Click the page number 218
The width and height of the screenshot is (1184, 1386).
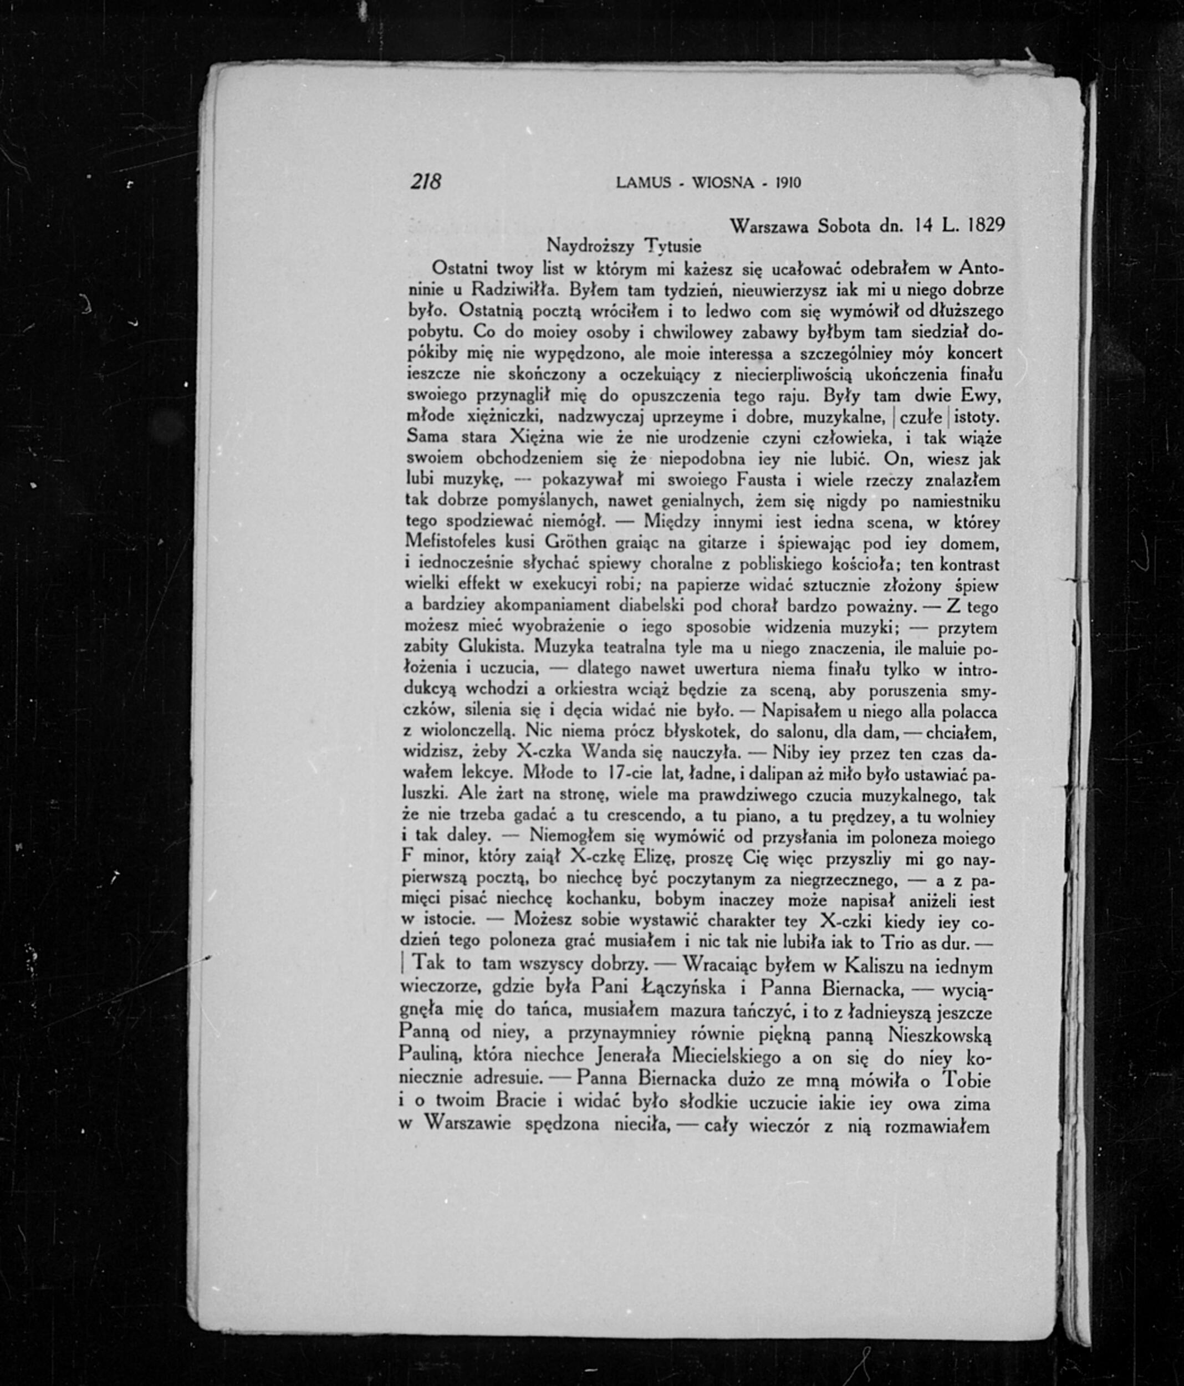(426, 181)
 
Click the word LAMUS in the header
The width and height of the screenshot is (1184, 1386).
(643, 182)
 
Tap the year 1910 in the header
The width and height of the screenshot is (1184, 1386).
(787, 182)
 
